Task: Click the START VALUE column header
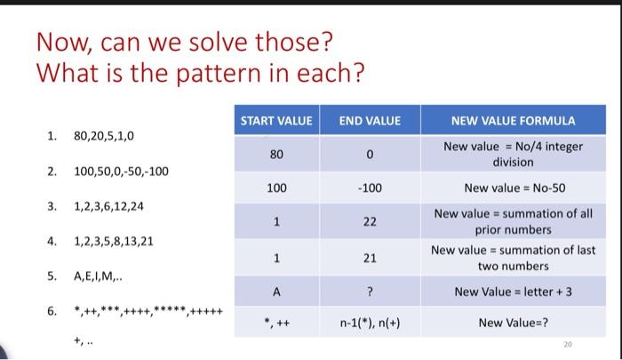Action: click(x=277, y=120)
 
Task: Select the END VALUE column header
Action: click(x=371, y=120)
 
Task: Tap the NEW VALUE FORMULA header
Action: click(x=513, y=120)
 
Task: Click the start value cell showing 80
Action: click(x=277, y=154)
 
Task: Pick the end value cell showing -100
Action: click(x=371, y=188)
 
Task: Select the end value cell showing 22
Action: click(x=371, y=221)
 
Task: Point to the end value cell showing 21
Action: click(x=371, y=258)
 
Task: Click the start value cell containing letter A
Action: click(x=277, y=291)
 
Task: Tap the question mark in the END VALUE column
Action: click(x=371, y=291)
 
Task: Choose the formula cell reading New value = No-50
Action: click(x=514, y=188)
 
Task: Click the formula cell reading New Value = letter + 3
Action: click(x=514, y=291)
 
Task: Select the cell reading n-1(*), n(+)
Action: click(x=371, y=322)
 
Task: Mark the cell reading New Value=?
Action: click(x=514, y=322)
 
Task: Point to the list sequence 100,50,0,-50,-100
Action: click(x=121, y=171)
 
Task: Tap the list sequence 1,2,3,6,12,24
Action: click(x=108, y=205)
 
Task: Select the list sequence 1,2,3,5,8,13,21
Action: click(x=114, y=240)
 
